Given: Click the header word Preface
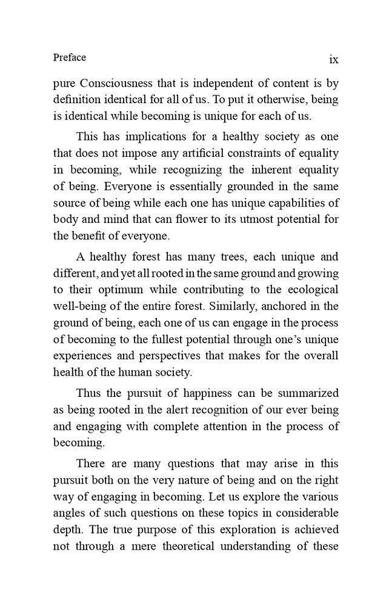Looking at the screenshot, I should coord(70,58).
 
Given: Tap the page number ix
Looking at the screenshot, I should coord(333,59).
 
